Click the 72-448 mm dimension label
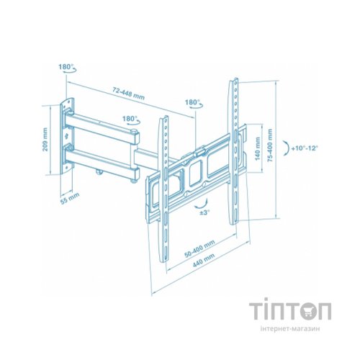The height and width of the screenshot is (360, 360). pos(128,93)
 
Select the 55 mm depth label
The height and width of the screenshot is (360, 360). pos(70,199)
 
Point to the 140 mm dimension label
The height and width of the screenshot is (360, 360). pos(258,148)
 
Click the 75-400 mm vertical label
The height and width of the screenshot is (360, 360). pos(270,145)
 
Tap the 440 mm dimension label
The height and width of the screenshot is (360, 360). pos(204,260)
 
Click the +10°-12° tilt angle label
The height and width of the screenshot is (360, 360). pos(305,148)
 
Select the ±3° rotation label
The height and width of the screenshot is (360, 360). pos(204,212)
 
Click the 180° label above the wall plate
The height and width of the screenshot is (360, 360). pos(66,66)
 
